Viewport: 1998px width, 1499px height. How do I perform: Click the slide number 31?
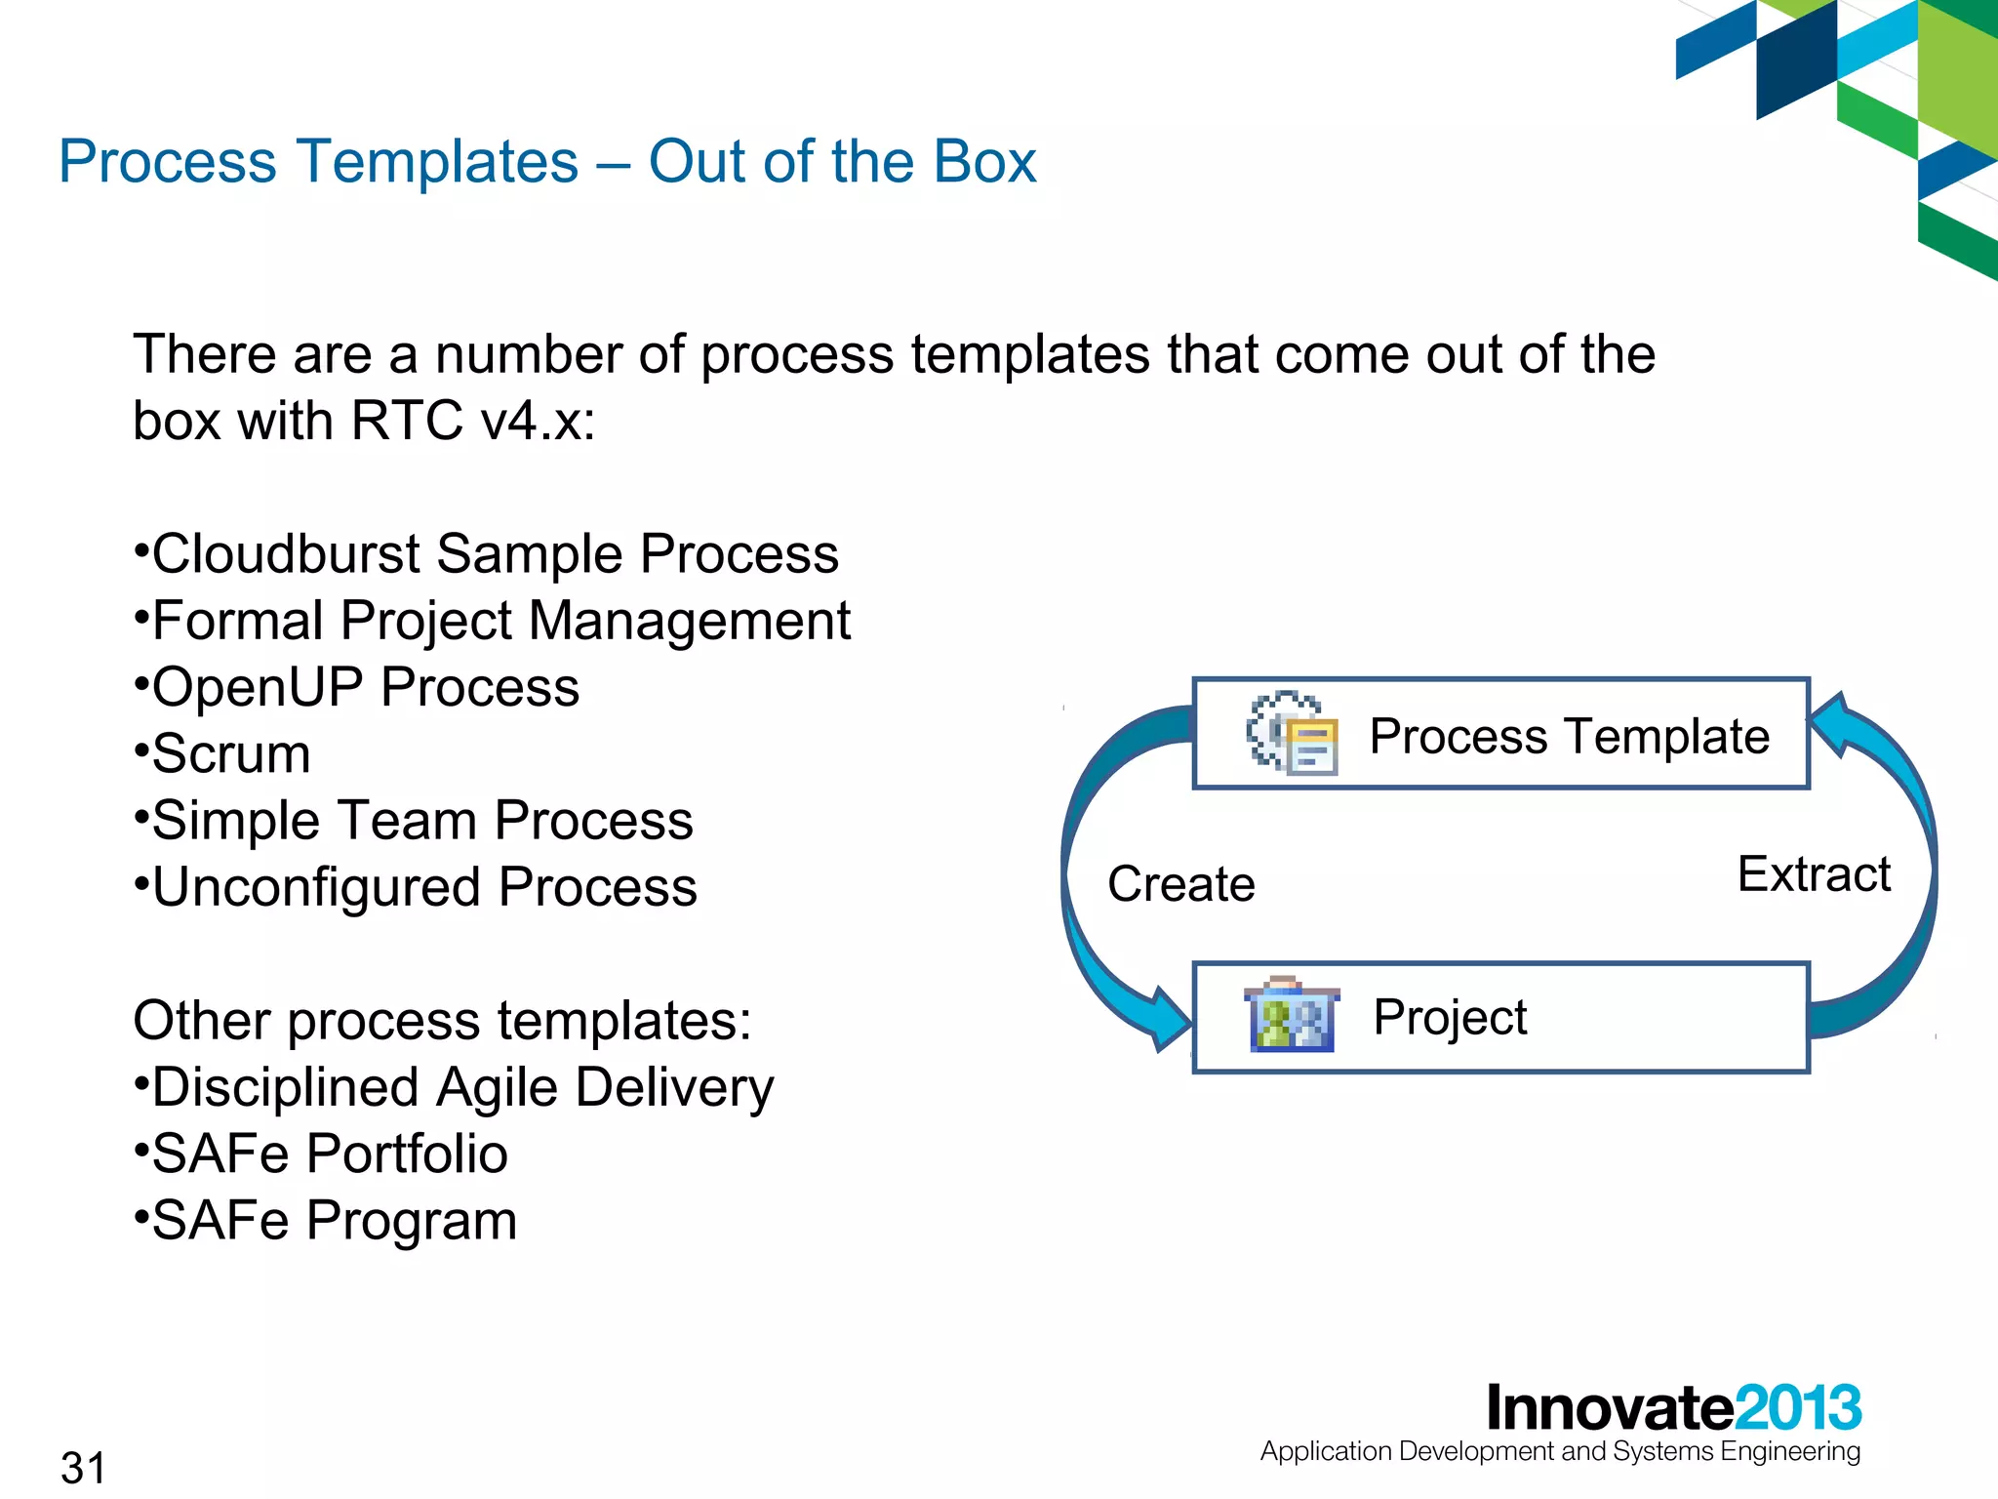click(x=83, y=1467)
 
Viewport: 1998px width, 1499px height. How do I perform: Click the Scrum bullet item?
click(x=230, y=754)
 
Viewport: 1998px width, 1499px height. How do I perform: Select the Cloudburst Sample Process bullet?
click(x=494, y=554)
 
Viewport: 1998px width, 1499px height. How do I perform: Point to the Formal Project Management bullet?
click(x=500, y=622)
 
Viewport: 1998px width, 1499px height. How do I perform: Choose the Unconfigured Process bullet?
click(x=423, y=887)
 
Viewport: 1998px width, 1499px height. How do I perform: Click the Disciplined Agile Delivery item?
click(x=462, y=1087)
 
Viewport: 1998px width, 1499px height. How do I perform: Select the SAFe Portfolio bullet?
click(x=329, y=1154)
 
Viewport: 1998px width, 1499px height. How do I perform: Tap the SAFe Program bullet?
click(x=334, y=1221)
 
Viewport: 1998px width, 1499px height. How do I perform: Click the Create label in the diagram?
click(x=1180, y=884)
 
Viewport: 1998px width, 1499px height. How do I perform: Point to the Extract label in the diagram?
click(x=1814, y=874)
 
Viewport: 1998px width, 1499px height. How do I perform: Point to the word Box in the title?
click(x=984, y=162)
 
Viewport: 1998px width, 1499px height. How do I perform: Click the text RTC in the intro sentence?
click(x=406, y=422)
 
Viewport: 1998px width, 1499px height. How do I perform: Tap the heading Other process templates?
click(x=442, y=1021)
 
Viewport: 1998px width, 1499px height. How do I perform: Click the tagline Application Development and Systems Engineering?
click(x=1560, y=1451)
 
